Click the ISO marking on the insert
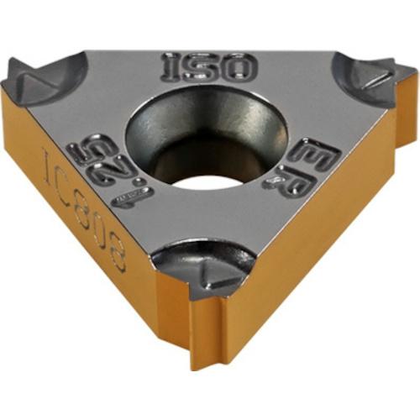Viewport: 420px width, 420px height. (x=209, y=66)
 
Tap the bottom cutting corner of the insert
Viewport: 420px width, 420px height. (x=202, y=269)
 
